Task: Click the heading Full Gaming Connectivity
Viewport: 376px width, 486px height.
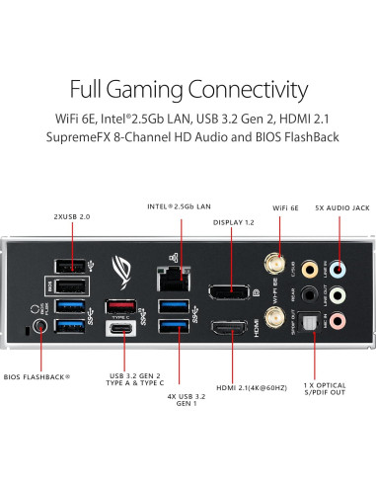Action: point(188,91)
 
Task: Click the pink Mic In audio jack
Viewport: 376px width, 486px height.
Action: point(338,319)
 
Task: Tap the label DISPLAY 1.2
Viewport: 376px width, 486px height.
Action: point(235,223)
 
